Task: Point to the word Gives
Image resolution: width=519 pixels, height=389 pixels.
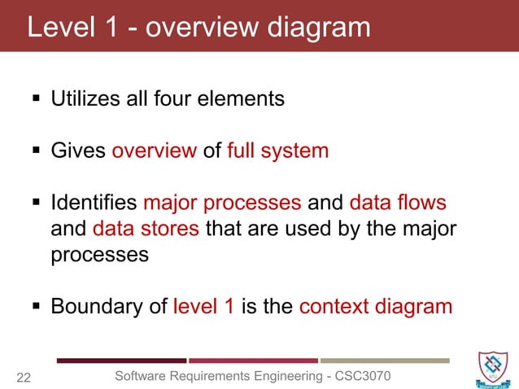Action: click(x=78, y=151)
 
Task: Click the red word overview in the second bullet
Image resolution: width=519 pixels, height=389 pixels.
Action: click(x=154, y=151)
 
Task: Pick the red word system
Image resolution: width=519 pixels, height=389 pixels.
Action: click(x=296, y=151)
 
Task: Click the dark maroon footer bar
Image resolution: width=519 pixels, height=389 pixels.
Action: click(x=121, y=360)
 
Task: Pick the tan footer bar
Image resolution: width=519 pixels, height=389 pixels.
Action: click(x=385, y=360)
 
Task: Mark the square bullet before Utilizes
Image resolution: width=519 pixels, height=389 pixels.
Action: click(x=36, y=100)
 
